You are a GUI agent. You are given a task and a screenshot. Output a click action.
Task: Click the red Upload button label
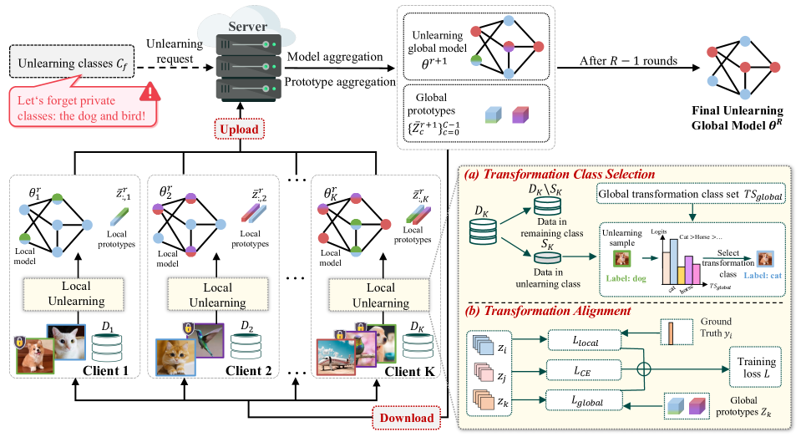[x=241, y=130]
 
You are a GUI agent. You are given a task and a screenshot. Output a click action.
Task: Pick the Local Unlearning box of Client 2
[x=221, y=293]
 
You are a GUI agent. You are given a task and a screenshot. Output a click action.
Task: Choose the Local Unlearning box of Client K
[x=380, y=293]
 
